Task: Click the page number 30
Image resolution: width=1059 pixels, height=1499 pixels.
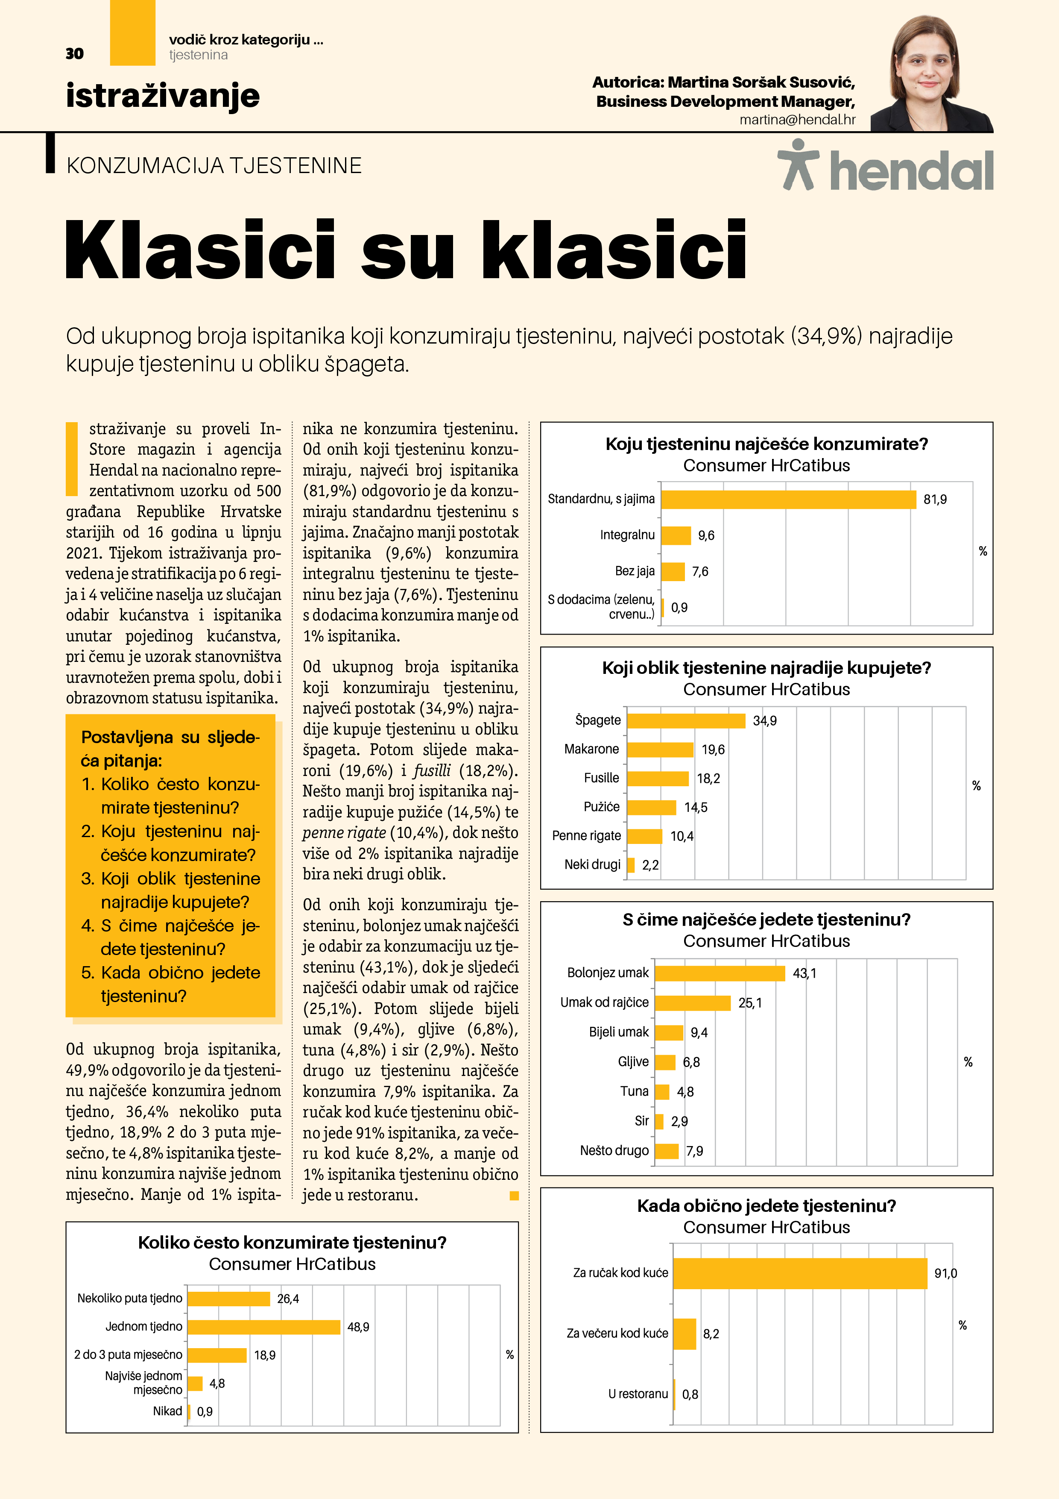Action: (74, 53)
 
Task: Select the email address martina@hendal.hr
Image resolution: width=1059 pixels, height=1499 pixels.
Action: (797, 120)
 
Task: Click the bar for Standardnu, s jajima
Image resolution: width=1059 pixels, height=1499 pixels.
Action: (788, 500)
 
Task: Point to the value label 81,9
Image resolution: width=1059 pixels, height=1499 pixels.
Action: (934, 500)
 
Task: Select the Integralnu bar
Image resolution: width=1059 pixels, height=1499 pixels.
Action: (676, 535)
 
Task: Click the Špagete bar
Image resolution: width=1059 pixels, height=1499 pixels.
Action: (686, 721)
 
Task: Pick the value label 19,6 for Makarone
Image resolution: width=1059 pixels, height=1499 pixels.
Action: (713, 749)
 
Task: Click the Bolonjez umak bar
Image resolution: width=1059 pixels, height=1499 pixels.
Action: (720, 973)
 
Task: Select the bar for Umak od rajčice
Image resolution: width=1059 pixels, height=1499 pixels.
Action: (692, 1003)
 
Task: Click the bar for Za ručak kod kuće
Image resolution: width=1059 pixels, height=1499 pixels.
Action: (799, 1273)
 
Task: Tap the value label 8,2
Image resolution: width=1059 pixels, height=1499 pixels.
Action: (711, 1334)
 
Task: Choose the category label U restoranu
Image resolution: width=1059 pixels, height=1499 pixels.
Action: (638, 1394)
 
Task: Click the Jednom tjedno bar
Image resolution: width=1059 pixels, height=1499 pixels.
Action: (263, 1327)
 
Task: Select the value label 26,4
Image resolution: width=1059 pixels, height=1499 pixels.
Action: (288, 1299)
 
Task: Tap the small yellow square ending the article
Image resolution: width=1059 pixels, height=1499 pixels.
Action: (514, 1196)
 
